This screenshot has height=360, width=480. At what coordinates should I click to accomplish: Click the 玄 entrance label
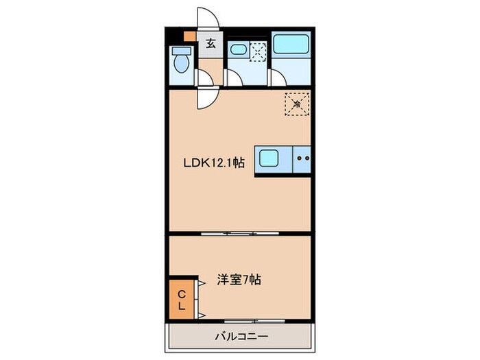[211, 43]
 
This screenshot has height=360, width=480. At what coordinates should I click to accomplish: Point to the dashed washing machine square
[258, 51]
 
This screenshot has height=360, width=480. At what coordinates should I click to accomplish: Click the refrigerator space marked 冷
[297, 104]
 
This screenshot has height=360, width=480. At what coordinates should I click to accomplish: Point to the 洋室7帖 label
[239, 280]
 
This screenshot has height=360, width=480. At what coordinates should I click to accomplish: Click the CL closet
[182, 300]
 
